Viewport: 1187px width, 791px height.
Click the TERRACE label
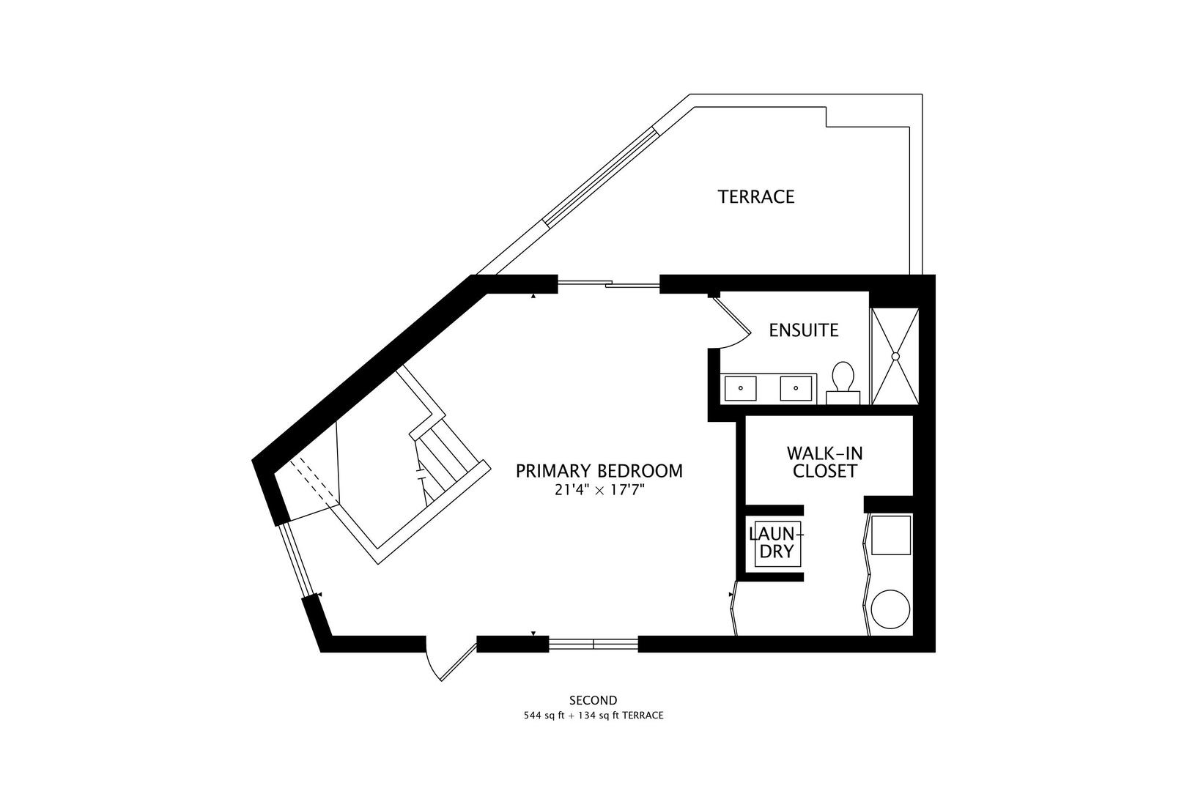click(x=755, y=197)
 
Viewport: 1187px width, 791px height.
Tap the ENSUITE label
click(x=803, y=330)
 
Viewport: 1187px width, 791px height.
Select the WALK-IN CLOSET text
click(x=824, y=462)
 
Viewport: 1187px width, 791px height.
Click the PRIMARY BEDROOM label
click(x=599, y=471)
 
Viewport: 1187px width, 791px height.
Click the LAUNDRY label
click(x=777, y=542)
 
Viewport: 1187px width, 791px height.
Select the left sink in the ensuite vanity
click(x=741, y=388)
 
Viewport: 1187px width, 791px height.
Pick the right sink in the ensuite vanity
click(x=796, y=388)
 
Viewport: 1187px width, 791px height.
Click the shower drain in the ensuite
click(x=895, y=356)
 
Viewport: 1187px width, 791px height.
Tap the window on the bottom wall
click(x=593, y=644)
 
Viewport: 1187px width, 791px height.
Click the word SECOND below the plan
click(x=593, y=700)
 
